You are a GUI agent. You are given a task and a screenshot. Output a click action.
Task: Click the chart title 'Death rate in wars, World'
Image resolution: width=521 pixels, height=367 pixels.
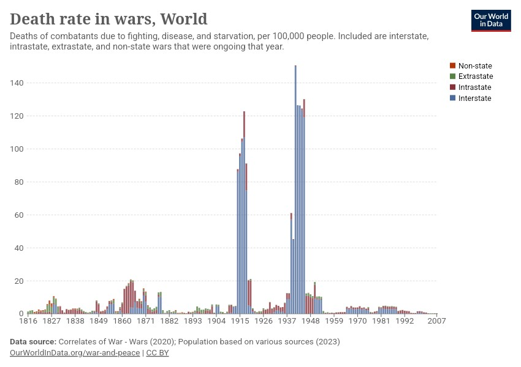click(x=108, y=19)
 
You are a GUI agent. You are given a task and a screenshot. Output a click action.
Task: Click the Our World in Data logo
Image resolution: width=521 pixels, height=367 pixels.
click(x=490, y=20)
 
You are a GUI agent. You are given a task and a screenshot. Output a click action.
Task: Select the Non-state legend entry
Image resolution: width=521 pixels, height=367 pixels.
click(x=475, y=65)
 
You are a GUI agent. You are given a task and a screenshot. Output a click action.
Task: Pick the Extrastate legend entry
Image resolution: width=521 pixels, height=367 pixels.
click(x=476, y=76)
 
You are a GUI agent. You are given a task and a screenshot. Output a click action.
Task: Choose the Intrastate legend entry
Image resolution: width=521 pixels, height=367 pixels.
click(x=474, y=87)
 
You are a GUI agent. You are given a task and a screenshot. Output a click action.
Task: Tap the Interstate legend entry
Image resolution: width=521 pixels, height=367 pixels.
click(x=474, y=98)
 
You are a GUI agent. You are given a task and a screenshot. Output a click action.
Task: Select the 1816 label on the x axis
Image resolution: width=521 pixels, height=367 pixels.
click(x=28, y=321)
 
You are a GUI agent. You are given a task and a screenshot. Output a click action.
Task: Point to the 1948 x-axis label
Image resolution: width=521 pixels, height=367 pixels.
click(x=311, y=321)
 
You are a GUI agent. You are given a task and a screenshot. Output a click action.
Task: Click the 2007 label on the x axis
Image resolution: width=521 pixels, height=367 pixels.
click(x=436, y=321)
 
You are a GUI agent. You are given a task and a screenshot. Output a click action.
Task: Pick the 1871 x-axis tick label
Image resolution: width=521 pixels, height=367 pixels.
click(x=146, y=321)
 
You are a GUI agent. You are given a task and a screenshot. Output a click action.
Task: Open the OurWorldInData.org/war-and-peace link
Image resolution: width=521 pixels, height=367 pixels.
click(x=75, y=353)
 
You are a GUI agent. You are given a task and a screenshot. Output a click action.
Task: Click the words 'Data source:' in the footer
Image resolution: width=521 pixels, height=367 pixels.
click(x=33, y=341)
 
